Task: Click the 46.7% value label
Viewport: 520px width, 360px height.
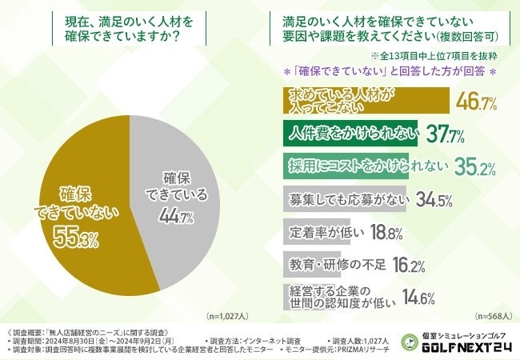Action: [x=476, y=102]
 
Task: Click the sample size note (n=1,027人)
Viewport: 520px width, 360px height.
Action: [x=228, y=316]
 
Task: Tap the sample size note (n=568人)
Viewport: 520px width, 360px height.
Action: [x=490, y=316]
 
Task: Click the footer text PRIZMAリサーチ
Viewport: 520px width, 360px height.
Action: [x=362, y=350]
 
